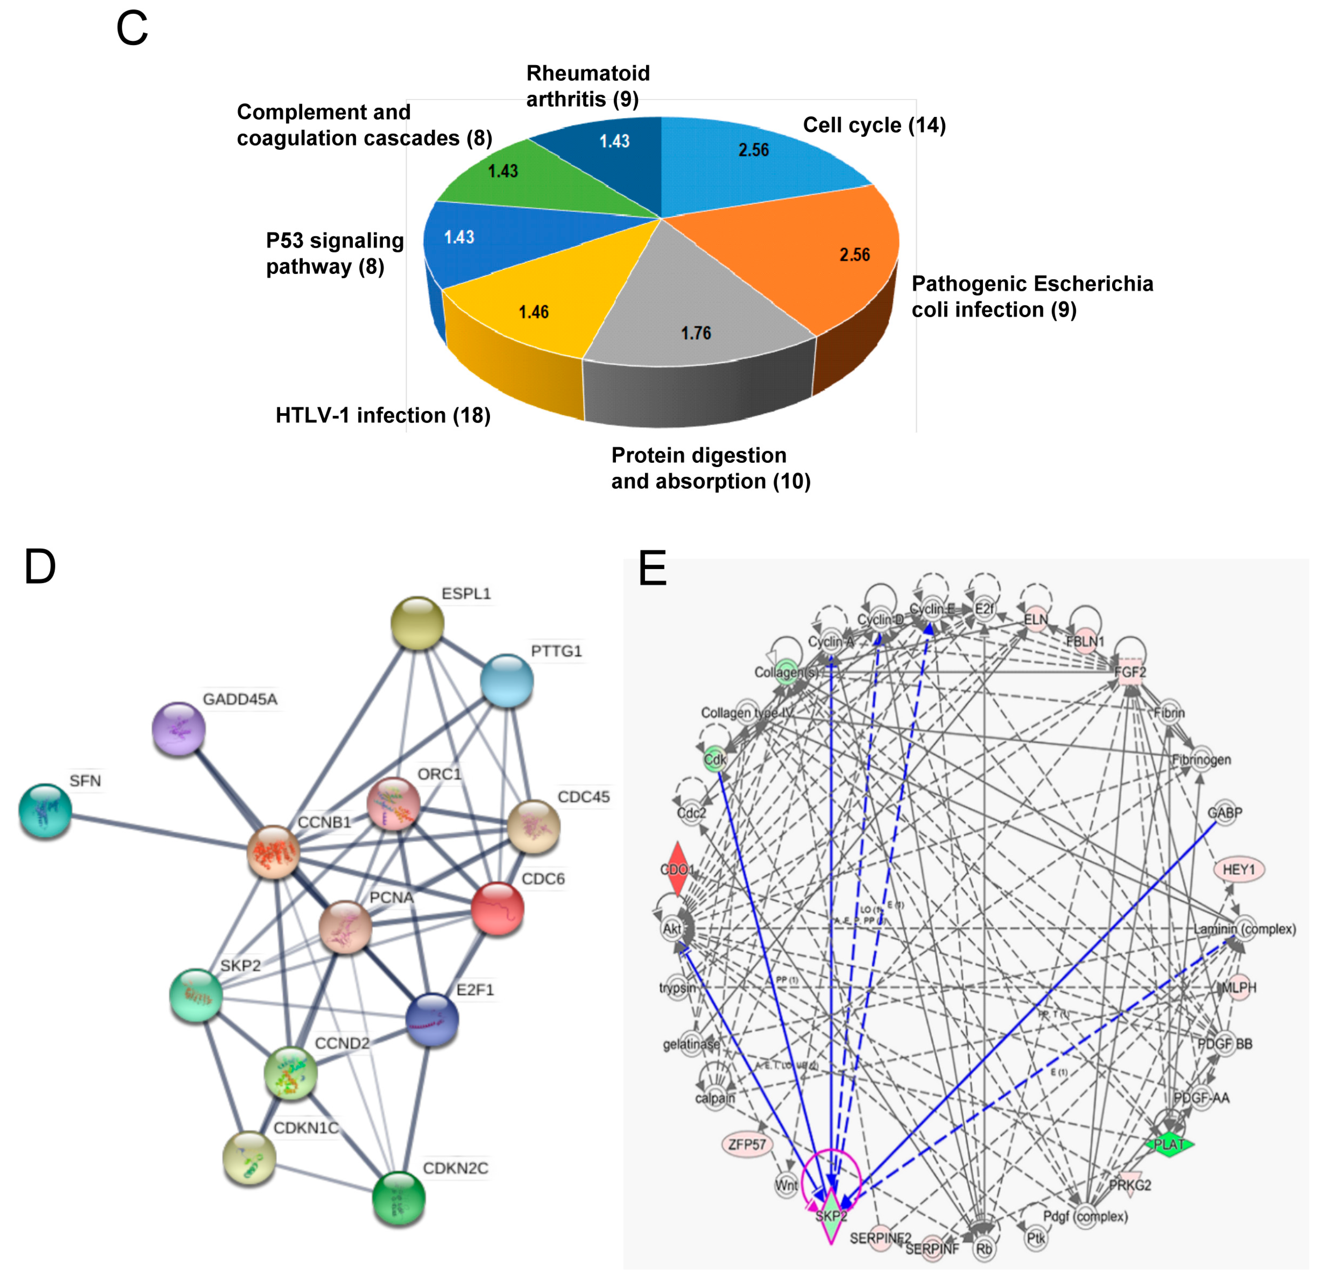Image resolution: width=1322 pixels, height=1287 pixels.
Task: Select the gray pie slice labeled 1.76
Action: pos(697,311)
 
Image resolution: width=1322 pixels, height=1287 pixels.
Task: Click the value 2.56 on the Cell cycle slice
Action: pos(753,150)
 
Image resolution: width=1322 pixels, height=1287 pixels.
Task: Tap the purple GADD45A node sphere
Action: pos(178,729)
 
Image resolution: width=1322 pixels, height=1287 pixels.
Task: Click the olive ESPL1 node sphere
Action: pos(417,623)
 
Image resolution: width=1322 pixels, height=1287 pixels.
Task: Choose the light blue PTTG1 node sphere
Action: pos(507,681)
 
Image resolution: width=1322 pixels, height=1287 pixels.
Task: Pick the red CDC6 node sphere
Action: pos(497,909)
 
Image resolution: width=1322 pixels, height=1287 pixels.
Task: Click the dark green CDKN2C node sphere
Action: pos(398,1198)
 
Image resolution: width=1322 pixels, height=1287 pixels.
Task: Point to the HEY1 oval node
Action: pos(1239,869)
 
